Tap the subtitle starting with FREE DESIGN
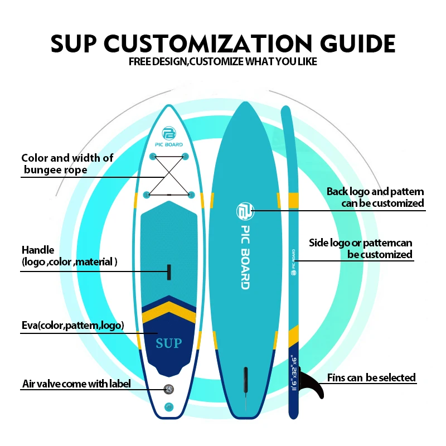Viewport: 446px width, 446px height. click(x=223, y=61)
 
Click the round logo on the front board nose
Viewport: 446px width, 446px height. click(x=168, y=133)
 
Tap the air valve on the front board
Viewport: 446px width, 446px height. click(x=168, y=389)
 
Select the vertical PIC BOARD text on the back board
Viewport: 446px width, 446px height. click(x=244, y=257)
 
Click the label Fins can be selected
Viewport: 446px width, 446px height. click(x=371, y=378)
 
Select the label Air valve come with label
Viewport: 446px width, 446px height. click(x=76, y=384)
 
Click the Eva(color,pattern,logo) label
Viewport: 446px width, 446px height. click(x=72, y=326)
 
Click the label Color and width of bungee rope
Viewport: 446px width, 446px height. click(x=67, y=163)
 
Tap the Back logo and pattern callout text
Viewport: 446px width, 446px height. click(x=375, y=197)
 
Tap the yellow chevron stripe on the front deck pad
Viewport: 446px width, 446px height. click(x=168, y=314)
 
